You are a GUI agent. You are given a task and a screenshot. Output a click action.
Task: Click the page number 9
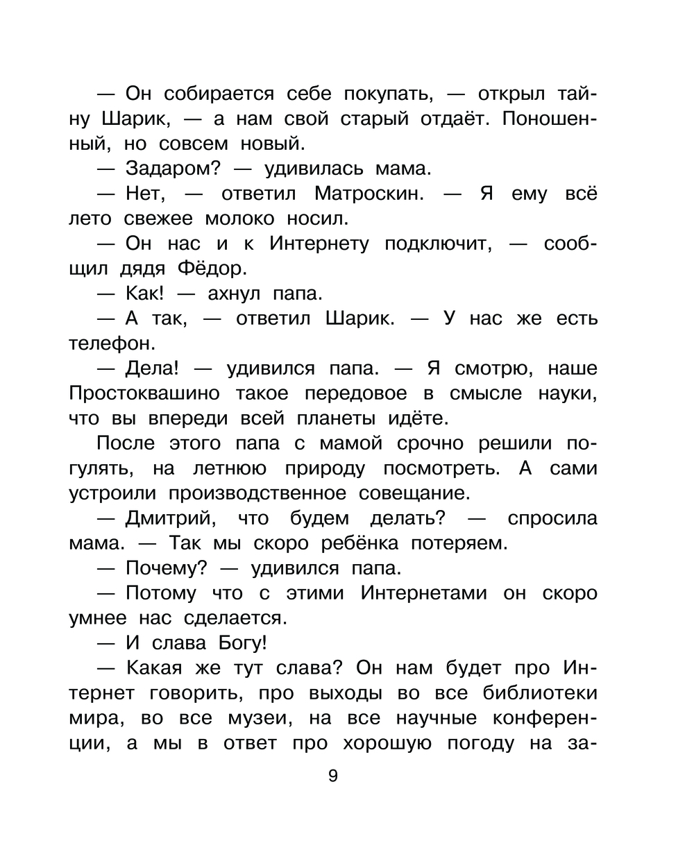(332, 776)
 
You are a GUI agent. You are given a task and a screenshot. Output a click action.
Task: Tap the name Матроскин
(369, 194)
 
